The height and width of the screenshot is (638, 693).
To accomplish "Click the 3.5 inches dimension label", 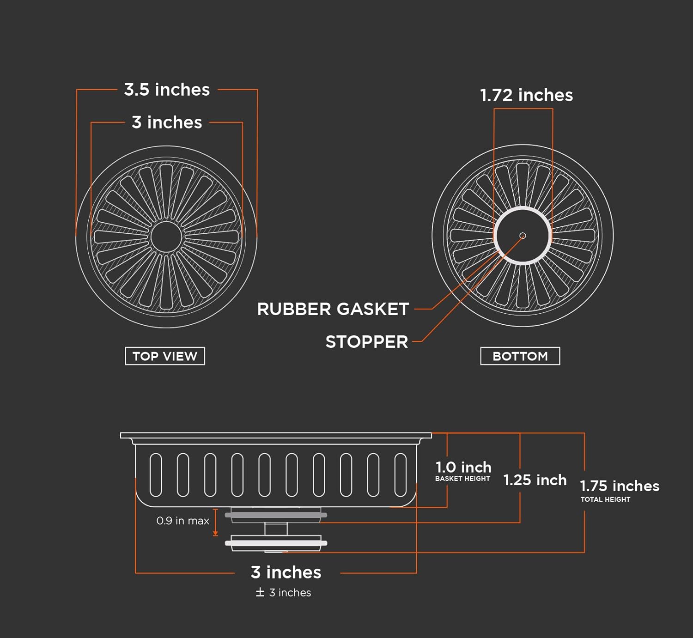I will [x=167, y=90].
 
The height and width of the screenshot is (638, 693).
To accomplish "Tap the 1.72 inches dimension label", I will [x=526, y=95].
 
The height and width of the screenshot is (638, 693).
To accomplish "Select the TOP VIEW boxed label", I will [x=165, y=356].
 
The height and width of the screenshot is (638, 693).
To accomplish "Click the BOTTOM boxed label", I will [x=520, y=356].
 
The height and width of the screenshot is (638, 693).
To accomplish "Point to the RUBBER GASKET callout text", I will [x=333, y=309].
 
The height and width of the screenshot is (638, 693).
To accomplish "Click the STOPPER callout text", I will [x=367, y=342].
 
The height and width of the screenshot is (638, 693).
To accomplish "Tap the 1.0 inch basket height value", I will [x=463, y=467].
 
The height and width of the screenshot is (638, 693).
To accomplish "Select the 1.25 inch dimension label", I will [x=535, y=480].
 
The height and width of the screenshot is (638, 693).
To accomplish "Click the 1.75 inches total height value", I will [x=620, y=486].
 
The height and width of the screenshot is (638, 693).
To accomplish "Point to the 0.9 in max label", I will [x=183, y=521].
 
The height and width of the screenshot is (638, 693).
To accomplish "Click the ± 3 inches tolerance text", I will [x=284, y=592].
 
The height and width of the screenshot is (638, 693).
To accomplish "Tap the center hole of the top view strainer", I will [x=166, y=237].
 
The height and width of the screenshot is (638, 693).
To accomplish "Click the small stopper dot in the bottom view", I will [x=523, y=236].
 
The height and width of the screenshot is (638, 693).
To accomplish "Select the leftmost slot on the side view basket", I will [x=156, y=475].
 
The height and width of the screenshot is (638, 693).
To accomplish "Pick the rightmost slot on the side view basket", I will [x=401, y=475].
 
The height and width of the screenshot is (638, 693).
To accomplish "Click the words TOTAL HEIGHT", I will [x=605, y=499].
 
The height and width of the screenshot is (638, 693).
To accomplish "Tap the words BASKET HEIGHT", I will [x=462, y=479].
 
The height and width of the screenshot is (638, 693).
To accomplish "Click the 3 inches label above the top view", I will [x=167, y=122].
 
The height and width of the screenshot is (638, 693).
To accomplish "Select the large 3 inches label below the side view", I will [x=286, y=572].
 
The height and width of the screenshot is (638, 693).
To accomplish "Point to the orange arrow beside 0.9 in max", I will [x=215, y=522].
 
